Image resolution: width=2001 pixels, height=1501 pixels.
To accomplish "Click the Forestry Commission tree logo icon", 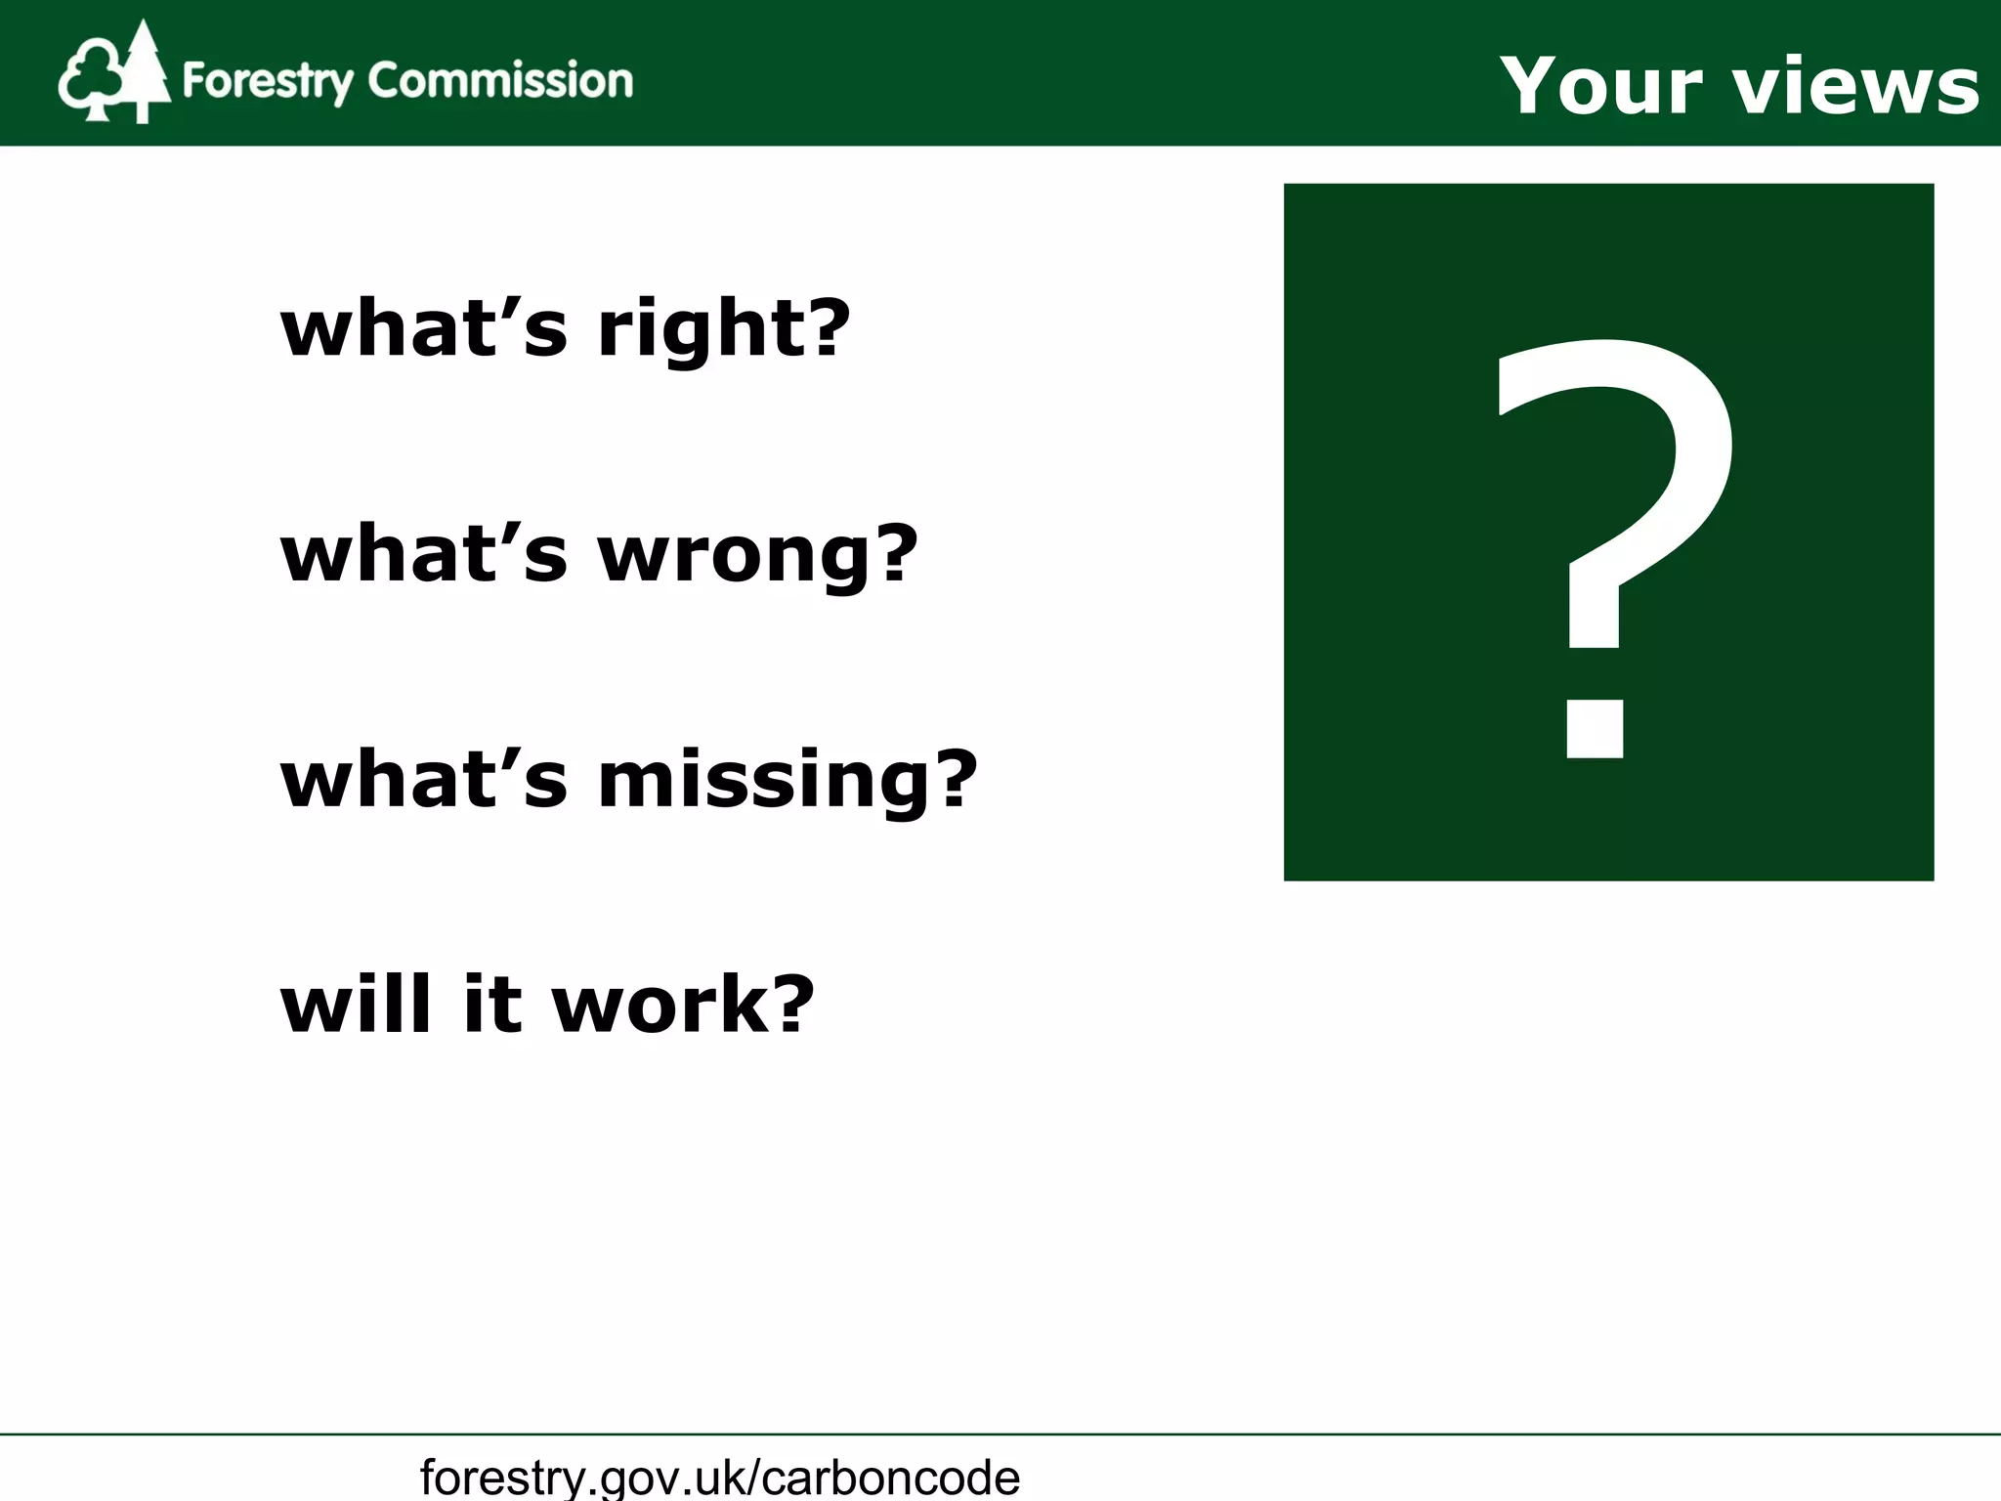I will click(x=113, y=74).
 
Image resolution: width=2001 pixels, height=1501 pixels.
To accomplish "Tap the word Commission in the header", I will click(x=500, y=80).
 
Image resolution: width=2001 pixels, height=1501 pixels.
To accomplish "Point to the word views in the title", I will click(x=1856, y=86).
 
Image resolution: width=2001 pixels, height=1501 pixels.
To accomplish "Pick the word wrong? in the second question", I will click(x=758, y=555).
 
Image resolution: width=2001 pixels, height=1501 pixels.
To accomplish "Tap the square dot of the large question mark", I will click(x=1595, y=728).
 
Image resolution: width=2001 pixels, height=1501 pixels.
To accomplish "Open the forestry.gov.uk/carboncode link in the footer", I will click(x=720, y=1477).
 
